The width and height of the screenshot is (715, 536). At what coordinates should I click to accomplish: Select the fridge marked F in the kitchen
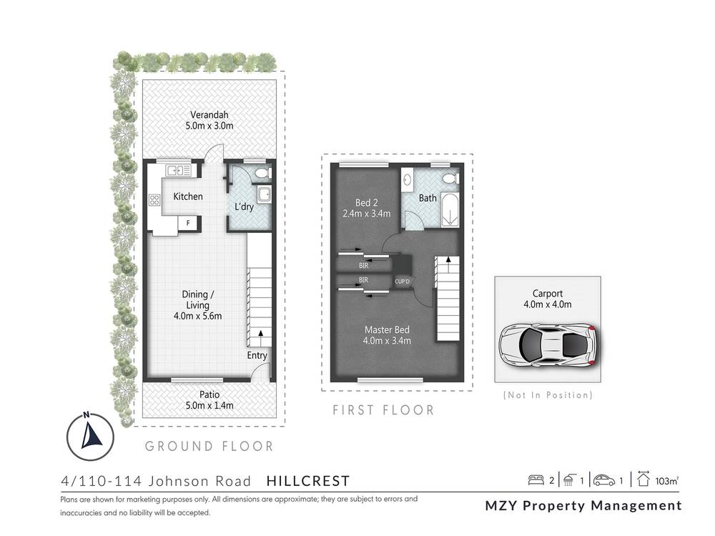[188, 223]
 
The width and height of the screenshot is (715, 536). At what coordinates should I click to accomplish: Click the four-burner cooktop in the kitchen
[154, 201]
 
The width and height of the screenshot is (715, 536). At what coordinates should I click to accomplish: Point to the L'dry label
[247, 207]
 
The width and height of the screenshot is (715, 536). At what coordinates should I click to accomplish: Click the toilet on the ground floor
[260, 173]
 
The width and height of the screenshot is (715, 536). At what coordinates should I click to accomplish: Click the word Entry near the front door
[257, 355]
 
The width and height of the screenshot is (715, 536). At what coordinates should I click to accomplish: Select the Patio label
[209, 394]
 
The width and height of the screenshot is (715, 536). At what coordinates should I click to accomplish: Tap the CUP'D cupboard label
[403, 281]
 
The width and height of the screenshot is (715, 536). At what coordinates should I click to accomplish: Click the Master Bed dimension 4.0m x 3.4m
[387, 340]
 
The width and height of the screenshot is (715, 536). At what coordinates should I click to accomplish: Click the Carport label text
[547, 293]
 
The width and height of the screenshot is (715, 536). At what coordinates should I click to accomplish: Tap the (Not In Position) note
[548, 394]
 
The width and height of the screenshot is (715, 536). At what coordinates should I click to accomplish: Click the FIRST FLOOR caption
[383, 410]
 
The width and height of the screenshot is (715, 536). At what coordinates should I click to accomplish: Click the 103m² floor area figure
[666, 481]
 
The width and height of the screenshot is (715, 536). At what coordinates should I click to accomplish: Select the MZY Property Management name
[583, 505]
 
